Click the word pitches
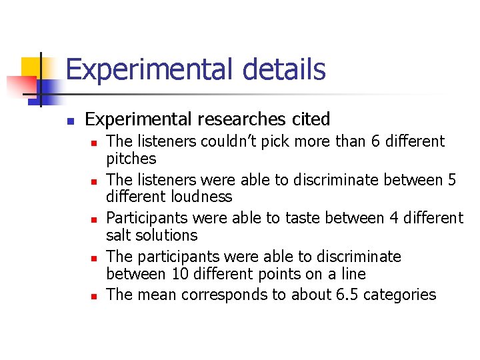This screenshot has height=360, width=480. click(x=131, y=159)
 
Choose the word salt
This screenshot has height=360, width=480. click(x=119, y=235)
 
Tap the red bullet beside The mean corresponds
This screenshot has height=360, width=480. click(x=94, y=296)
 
